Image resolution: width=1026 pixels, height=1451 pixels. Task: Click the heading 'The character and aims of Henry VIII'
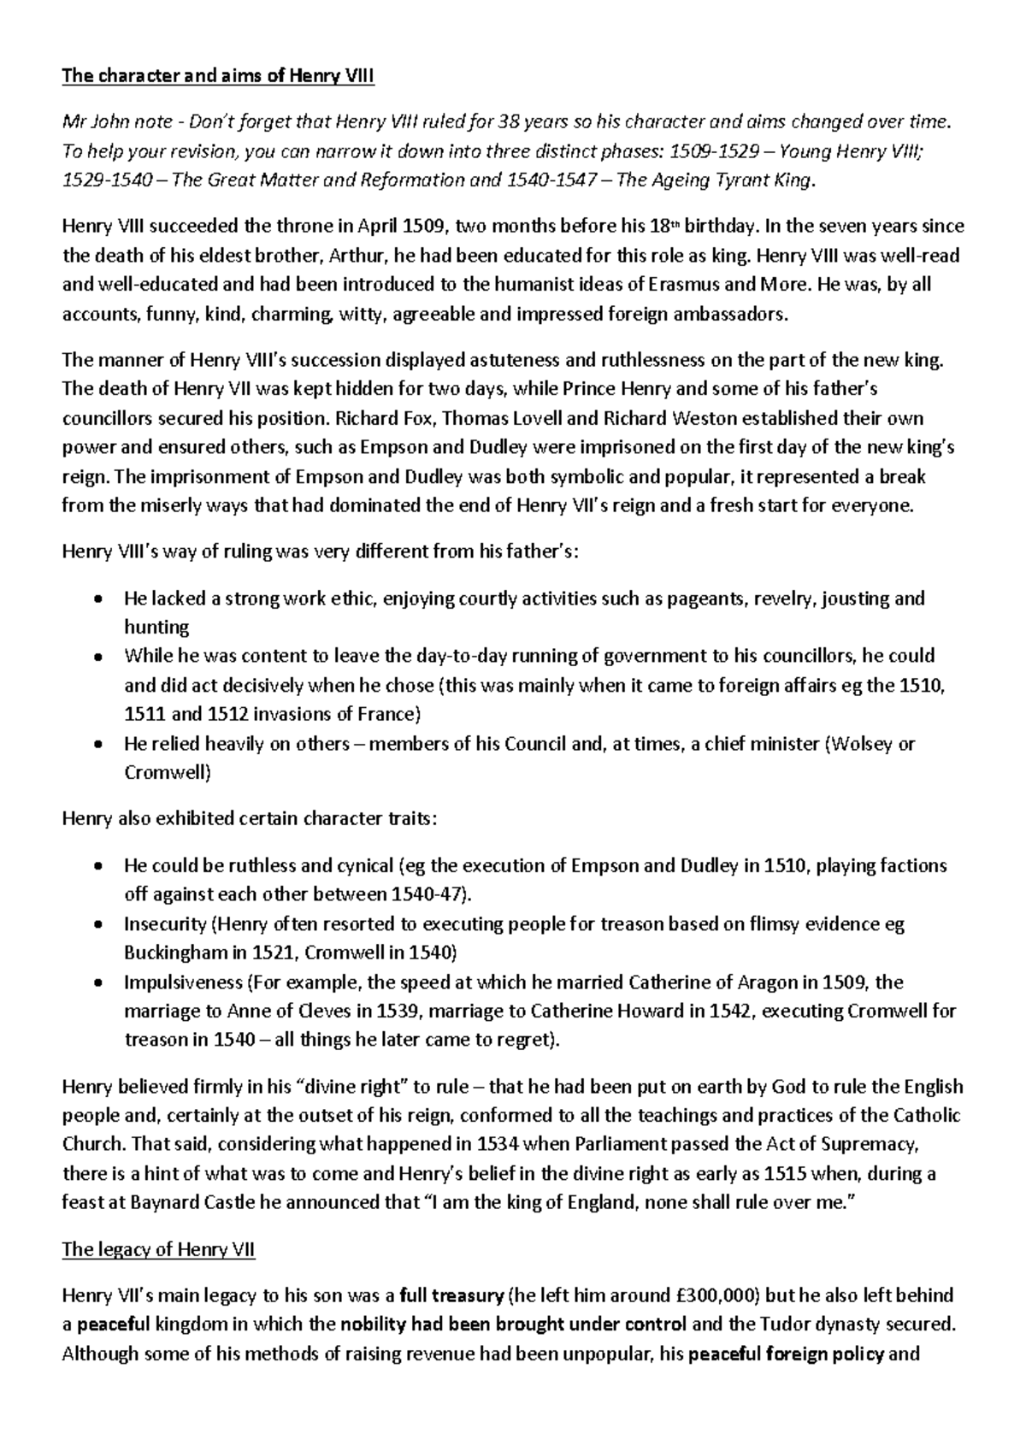218,77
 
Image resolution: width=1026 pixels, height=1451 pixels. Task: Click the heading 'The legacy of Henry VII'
158,1249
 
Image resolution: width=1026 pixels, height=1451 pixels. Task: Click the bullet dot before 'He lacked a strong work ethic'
99,599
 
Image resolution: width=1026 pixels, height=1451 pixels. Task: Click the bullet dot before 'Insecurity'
99,924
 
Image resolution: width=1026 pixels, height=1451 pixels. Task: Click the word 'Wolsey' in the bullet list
858,744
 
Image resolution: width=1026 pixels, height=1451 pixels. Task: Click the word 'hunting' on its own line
156,627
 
